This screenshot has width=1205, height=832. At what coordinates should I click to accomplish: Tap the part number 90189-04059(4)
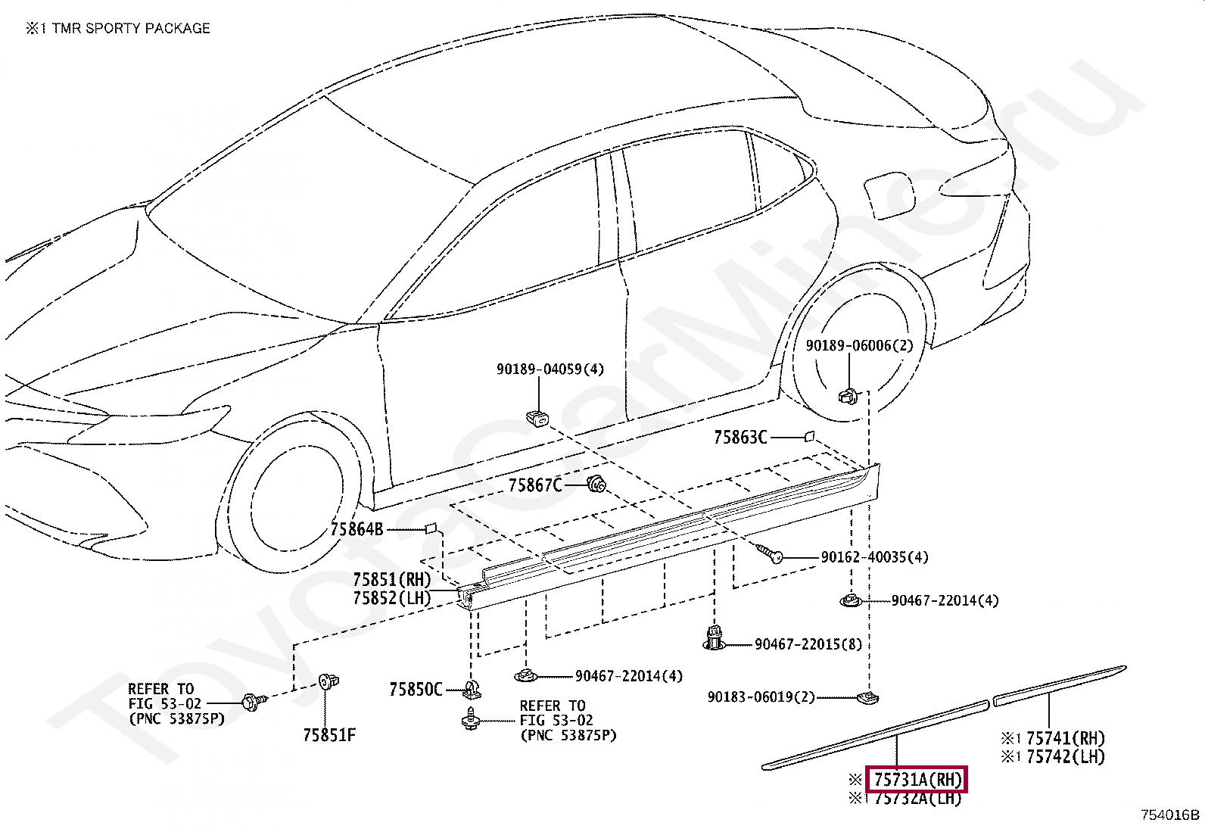coord(550,369)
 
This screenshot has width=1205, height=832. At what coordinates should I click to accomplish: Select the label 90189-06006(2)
coord(859,345)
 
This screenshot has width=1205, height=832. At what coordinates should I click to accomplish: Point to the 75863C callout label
coord(740,438)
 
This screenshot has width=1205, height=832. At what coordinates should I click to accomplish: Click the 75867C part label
coord(534,485)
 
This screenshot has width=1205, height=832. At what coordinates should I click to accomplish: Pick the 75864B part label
coord(357,530)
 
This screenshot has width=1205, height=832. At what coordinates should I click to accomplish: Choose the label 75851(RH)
coord(391,580)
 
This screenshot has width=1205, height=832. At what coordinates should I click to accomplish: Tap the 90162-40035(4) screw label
coord(874,557)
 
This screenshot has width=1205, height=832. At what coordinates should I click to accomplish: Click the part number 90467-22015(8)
coord(808,644)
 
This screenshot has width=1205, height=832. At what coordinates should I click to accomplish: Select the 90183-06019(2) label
coord(761,696)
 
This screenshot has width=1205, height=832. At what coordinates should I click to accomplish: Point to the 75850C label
coord(416,690)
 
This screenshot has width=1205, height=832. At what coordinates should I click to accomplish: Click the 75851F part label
coord(328,735)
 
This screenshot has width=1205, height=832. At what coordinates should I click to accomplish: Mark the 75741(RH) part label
coord(1065,738)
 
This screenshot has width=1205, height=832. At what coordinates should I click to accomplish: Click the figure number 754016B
coord(1170,815)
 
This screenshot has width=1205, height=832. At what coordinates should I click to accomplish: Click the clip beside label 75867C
coord(596,483)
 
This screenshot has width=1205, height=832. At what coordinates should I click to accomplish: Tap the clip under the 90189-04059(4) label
coord(537,416)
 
